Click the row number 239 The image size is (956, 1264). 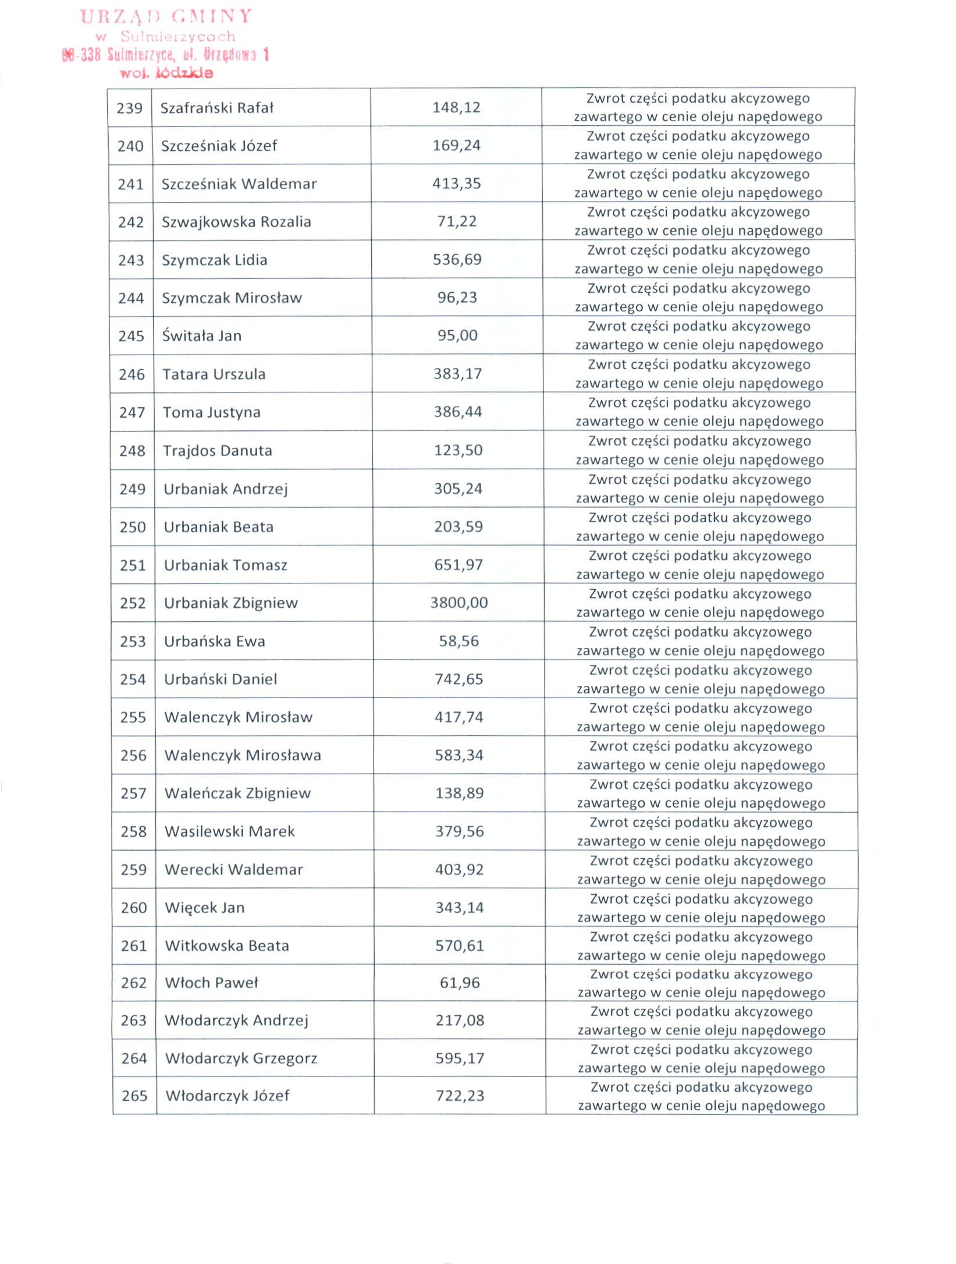click(x=129, y=108)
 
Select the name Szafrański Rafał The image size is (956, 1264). click(x=216, y=108)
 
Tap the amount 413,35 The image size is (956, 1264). click(x=456, y=184)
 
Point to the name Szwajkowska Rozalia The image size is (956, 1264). click(x=236, y=222)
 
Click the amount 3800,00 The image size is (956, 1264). click(x=459, y=603)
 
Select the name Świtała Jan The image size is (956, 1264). click(x=201, y=336)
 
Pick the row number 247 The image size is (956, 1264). click(x=132, y=413)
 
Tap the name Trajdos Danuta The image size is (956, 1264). click(x=217, y=451)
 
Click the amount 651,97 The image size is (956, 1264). click(x=459, y=565)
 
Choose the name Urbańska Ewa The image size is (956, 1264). click(x=214, y=642)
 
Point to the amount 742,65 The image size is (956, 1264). click(x=459, y=679)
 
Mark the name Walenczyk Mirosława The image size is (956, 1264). click(x=242, y=756)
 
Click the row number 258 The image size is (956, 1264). click(x=133, y=831)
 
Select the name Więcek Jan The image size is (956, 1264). click(x=204, y=908)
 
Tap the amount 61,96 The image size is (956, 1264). click(x=460, y=983)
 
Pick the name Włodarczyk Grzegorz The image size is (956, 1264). click(x=241, y=1058)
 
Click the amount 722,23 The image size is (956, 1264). click(x=460, y=1096)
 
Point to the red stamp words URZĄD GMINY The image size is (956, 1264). click(x=166, y=16)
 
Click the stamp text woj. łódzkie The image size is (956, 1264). click(x=166, y=73)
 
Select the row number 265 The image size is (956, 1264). click(x=134, y=1096)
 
